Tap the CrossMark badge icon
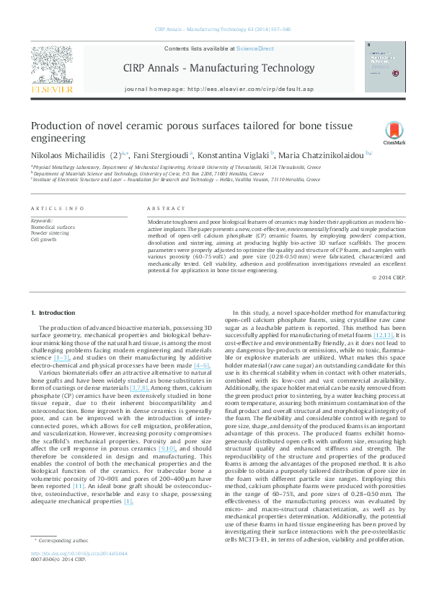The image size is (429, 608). click(x=394, y=133)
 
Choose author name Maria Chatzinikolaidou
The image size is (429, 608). click(x=319, y=155)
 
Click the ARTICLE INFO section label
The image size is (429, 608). click(x=57, y=208)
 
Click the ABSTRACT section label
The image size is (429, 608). click(x=161, y=208)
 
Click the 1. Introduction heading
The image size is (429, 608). click(x=55, y=312)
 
